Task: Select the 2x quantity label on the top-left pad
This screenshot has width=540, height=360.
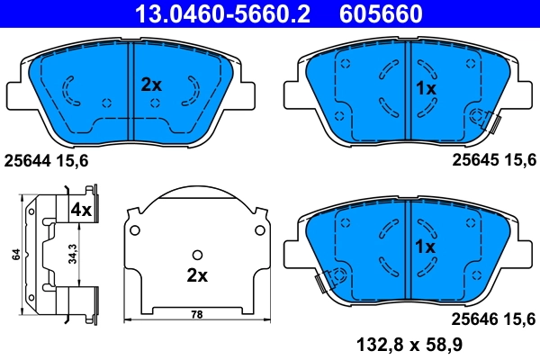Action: pos(150,85)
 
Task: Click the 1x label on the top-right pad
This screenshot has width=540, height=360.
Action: pos(425,89)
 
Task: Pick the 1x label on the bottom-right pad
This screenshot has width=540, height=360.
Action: pos(425,246)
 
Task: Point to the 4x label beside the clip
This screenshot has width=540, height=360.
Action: pos(81,209)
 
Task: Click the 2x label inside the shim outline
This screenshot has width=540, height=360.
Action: pos(197,274)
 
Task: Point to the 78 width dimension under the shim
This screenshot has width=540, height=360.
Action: pos(197,313)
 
